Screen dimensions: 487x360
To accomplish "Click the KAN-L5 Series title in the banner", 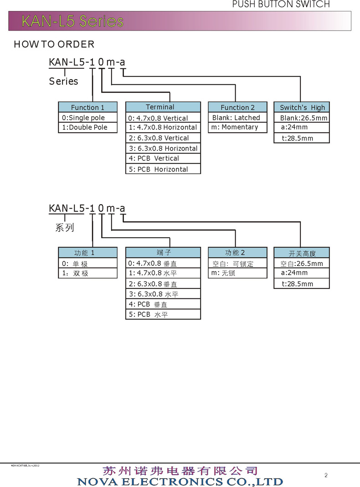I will [72, 21].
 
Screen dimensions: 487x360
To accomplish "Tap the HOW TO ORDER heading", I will [54, 44].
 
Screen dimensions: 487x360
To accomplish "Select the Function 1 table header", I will [87, 108].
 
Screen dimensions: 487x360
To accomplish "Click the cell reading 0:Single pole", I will [87, 118].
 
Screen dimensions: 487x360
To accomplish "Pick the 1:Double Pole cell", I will [87, 128].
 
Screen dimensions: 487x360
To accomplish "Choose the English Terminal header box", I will [163, 107].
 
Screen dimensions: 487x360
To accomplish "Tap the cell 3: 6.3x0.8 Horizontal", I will [163, 148].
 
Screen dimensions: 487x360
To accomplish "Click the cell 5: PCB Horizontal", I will [163, 169].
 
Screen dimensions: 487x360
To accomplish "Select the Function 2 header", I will [237, 108].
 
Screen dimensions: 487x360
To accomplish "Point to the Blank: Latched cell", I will [237, 118].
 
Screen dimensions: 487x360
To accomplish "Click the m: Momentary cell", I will [237, 128].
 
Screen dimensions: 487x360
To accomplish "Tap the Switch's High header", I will [302, 108].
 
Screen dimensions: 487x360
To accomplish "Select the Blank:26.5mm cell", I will [302, 118].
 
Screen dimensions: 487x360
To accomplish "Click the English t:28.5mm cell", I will [302, 138].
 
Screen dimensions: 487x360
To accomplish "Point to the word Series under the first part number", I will [63, 82].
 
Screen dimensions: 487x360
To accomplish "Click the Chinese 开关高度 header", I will [302, 253].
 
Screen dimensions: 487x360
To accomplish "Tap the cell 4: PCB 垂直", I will [163, 304].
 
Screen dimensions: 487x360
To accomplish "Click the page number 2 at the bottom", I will [326, 476].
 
